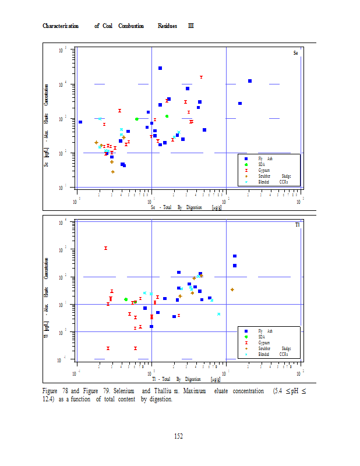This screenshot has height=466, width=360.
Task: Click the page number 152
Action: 179,436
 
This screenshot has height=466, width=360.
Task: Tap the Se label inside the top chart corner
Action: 295,53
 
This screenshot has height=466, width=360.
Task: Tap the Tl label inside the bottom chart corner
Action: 297,225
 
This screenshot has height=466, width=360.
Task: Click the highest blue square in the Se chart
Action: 160,68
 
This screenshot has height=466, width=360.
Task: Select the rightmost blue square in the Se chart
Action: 249,81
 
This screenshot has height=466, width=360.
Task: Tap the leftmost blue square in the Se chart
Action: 80,122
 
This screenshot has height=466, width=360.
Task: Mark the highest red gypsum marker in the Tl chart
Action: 105,248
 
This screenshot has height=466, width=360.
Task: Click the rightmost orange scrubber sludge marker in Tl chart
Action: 232,290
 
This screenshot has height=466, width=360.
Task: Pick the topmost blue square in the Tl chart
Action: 235,256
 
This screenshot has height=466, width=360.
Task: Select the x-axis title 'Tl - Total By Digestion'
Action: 177,379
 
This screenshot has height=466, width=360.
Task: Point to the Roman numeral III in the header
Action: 190,26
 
